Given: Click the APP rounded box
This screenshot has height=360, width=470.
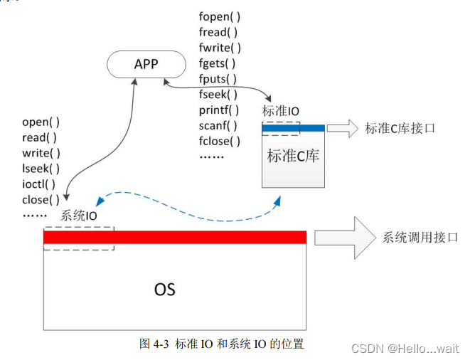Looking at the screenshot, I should pyautogui.click(x=145, y=65).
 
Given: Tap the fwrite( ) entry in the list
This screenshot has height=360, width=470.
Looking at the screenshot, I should pyautogui.click(x=220, y=48).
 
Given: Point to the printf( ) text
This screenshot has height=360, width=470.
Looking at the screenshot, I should pyautogui.click(x=219, y=110).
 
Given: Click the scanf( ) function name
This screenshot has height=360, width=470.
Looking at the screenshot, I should pyautogui.click(x=218, y=125).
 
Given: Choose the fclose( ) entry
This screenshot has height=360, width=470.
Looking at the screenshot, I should pyautogui.click(x=220, y=141).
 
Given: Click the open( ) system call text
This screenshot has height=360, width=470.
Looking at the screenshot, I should pyautogui.click(x=40, y=122).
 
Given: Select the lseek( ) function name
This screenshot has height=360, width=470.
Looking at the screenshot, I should pyautogui.click(x=41, y=169).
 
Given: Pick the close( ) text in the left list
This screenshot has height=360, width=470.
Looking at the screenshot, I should pyautogui.click(x=41, y=200).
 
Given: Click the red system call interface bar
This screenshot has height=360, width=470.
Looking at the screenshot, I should pyautogui.click(x=175, y=237).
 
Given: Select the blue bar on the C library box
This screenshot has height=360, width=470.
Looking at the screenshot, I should pyautogui.click(x=293, y=128).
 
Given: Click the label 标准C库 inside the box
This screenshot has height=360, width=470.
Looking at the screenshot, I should pyautogui.click(x=293, y=156).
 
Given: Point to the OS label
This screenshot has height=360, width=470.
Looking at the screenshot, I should pyautogui.click(x=164, y=290).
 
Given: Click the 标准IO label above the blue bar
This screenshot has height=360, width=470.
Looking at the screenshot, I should pyautogui.click(x=280, y=111).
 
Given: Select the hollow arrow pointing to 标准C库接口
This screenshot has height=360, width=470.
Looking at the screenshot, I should pyautogui.click(x=343, y=128).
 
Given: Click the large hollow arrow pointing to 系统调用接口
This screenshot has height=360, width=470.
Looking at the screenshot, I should pyautogui.click(x=344, y=238).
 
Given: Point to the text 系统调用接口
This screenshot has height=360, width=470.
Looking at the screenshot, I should pyautogui.click(x=420, y=238).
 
